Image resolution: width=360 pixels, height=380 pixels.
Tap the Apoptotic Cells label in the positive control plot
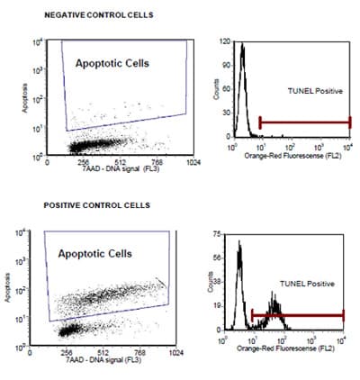[x=100, y=254]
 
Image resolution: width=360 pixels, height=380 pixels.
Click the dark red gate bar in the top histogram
[x=304, y=121]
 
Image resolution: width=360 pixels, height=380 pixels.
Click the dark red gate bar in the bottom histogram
[x=297, y=315]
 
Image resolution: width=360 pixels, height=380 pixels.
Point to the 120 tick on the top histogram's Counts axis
[x=224, y=41]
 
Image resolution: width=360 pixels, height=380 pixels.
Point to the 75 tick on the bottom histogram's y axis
[x=216, y=233]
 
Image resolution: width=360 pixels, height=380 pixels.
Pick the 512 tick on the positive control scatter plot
[x=103, y=353]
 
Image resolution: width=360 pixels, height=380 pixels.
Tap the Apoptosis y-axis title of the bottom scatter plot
[x=9, y=293]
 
